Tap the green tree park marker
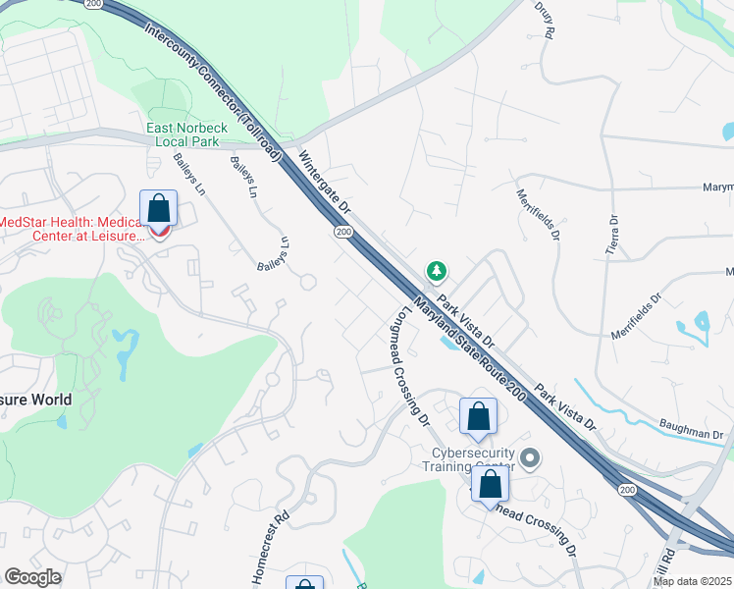click(436, 270)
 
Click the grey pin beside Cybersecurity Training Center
click(531, 458)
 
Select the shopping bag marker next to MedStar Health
click(158, 210)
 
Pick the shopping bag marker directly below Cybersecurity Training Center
click(490, 485)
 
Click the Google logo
click(32, 577)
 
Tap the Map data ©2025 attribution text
click(691, 581)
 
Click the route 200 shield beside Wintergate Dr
click(342, 232)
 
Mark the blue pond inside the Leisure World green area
click(125, 349)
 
